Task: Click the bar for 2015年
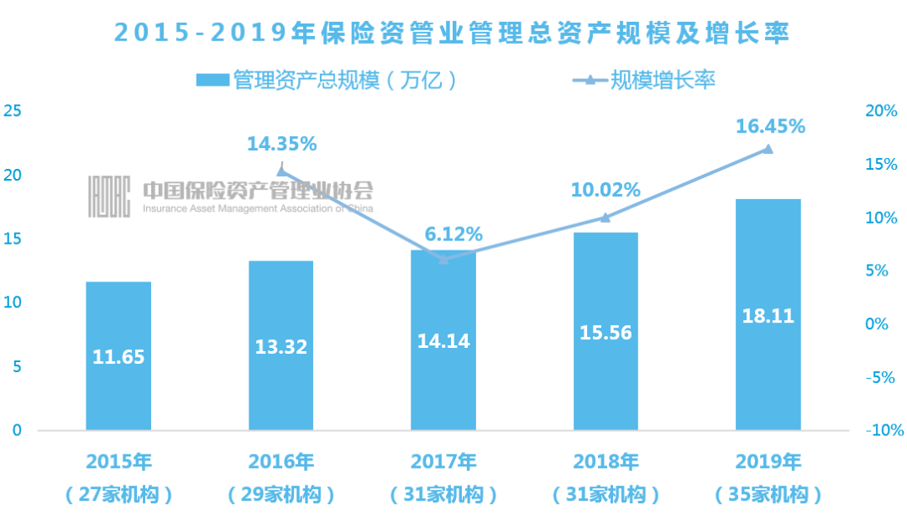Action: tap(118, 355)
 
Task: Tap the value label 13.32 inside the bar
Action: tap(280, 346)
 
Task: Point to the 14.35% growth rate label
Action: tap(281, 144)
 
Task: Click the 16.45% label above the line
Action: tap(769, 126)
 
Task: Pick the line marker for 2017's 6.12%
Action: tap(443, 259)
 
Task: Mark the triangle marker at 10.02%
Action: tap(606, 217)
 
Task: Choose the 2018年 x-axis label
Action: tap(606, 461)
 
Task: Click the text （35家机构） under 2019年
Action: tap(768, 495)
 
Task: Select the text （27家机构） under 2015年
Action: tap(118, 495)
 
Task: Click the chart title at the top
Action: tap(453, 32)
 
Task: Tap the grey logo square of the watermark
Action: tap(109, 197)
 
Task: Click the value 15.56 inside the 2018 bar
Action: tap(606, 333)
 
